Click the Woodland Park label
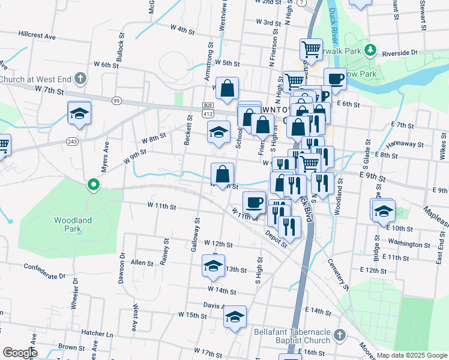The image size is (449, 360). [x=73, y=224]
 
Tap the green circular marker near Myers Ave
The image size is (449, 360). [x=93, y=185]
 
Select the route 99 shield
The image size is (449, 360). [x=116, y=100]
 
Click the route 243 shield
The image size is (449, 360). [x=72, y=141]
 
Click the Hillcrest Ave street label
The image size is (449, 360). [x=37, y=35]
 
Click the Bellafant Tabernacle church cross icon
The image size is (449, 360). [x=339, y=334]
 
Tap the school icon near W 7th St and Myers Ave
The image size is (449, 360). [x=79, y=113]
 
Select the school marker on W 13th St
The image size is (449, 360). [x=212, y=265]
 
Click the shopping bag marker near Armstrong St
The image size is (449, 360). [x=227, y=89]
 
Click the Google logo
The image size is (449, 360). [x=19, y=353]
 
